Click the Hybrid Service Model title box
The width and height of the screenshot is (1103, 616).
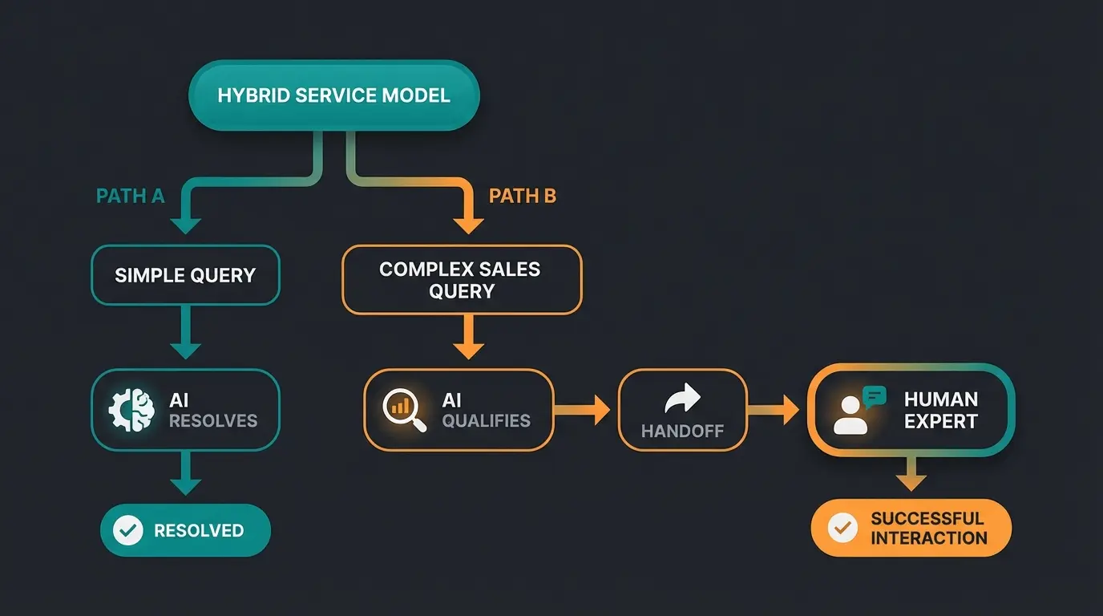click(x=333, y=95)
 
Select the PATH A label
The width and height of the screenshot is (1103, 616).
click(x=130, y=197)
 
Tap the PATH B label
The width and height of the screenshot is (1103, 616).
click(x=522, y=197)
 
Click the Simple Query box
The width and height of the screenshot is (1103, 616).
click(x=185, y=276)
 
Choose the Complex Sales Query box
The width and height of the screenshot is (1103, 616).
click(x=461, y=279)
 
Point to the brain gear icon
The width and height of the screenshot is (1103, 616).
click(x=131, y=410)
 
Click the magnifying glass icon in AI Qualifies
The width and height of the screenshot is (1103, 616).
click(x=403, y=410)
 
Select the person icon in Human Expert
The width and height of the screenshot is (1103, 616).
click(x=850, y=416)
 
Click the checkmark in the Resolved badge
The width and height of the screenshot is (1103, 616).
click(x=127, y=530)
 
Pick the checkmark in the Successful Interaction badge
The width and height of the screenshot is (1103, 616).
click(x=842, y=528)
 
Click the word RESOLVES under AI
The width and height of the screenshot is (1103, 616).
click(x=212, y=421)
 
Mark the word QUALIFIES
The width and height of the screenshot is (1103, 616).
click(x=486, y=421)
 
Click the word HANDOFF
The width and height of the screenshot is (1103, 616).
click(x=682, y=432)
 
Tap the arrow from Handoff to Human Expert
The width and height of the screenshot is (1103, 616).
click(x=774, y=411)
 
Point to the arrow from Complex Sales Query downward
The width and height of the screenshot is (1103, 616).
click(x=468, y=337)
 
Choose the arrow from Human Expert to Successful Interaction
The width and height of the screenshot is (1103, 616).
click(x=911, y=474)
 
